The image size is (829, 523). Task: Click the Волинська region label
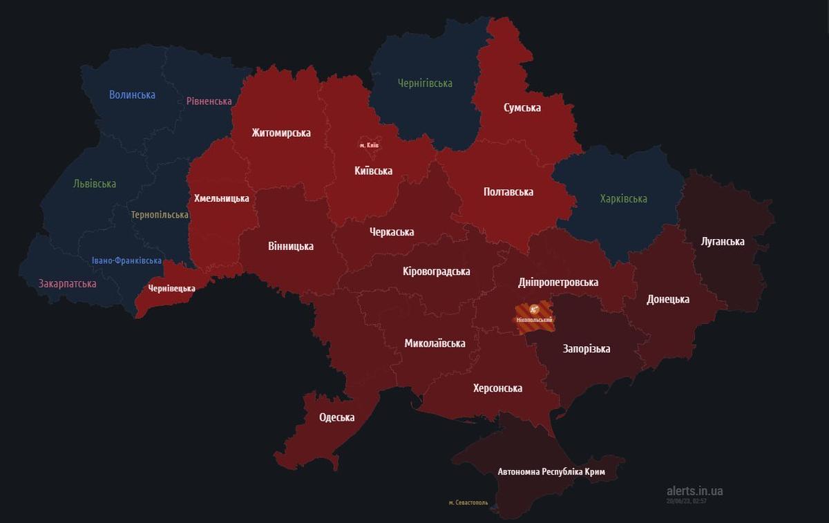(132, 95)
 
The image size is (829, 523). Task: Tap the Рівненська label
(209, 101)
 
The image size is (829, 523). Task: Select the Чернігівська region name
(425, 83)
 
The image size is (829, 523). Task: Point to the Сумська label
(522, 107)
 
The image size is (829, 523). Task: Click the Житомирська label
(280, 133)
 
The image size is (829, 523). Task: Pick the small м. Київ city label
(369, 145)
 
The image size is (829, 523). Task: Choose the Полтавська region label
(508, 191)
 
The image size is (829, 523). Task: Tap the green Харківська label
(623, 198)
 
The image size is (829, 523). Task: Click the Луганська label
(722, 241)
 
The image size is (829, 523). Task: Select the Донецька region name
(667, 299)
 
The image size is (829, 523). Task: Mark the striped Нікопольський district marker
(534, 314)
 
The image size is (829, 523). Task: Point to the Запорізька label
(587, 348)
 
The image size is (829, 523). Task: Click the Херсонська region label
(497, 388)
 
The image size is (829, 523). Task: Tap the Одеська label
(336, 417)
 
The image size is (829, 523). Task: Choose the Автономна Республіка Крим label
(551, 472)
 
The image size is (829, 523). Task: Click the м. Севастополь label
(468, 502)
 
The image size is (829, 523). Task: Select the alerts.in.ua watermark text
(694, 491)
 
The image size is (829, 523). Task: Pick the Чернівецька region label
(171, 288)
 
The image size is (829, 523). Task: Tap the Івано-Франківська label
(126, 260)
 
